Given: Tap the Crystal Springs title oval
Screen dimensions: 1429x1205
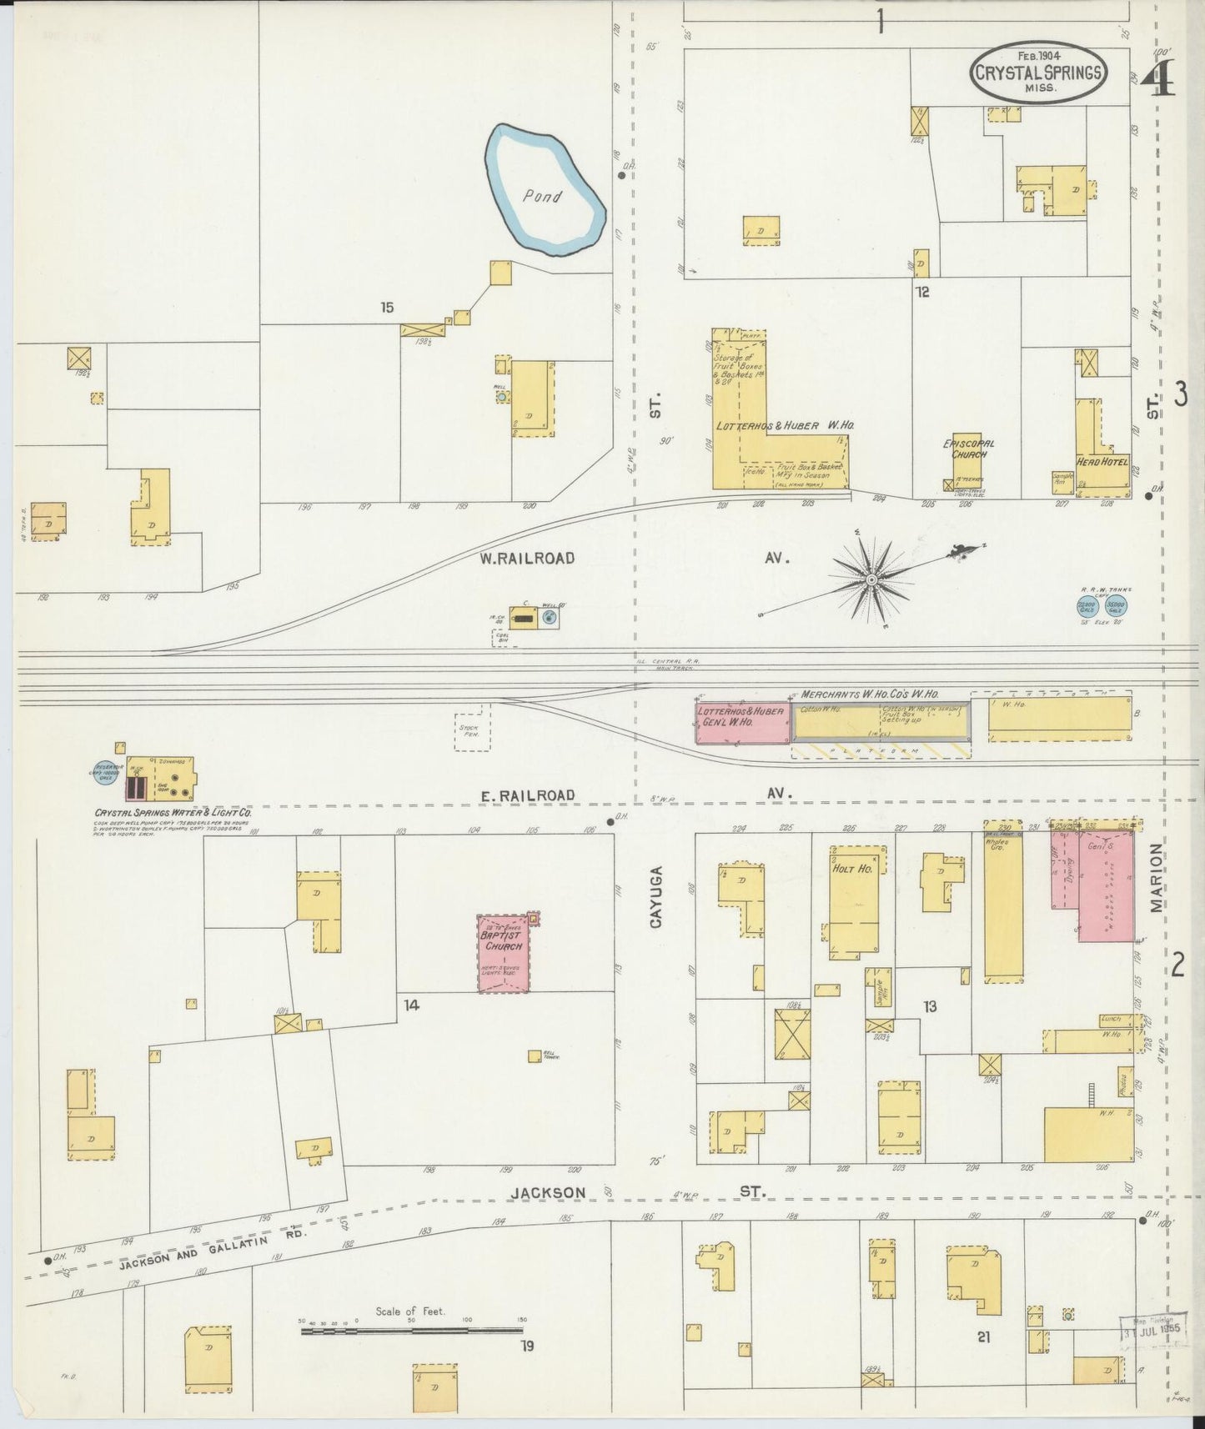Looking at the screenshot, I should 1037,72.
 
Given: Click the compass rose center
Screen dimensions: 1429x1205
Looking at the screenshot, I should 871,579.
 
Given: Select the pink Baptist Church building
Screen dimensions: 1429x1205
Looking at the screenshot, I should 503,953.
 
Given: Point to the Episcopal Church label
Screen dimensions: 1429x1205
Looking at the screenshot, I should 968,449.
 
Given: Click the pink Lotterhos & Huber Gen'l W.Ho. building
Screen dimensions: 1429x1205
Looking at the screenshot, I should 742,722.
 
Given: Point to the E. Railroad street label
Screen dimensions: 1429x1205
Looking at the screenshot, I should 527,795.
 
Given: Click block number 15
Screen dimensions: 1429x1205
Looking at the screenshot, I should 386,308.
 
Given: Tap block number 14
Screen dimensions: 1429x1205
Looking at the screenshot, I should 411,1005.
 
